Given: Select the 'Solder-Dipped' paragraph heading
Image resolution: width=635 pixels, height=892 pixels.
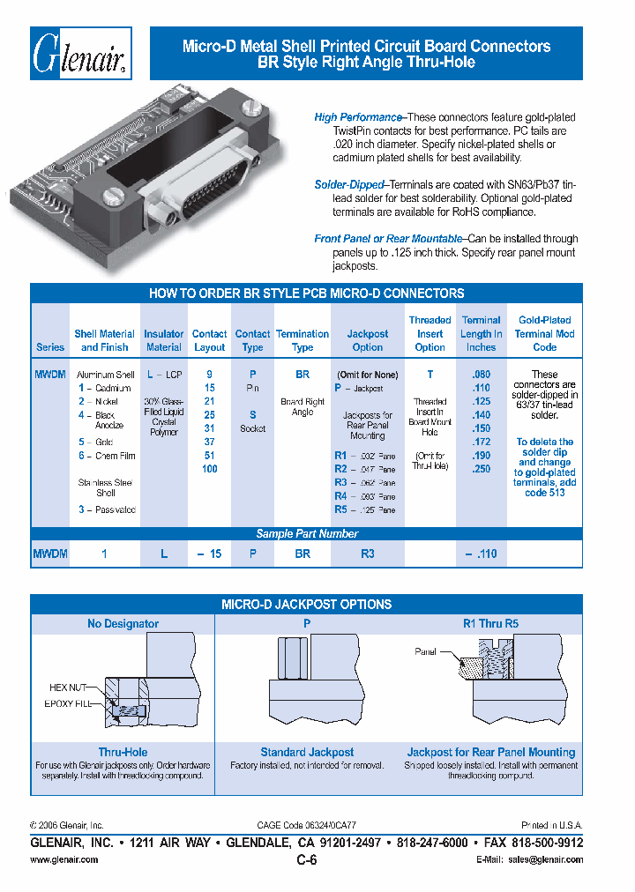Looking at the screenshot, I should pos(349,185).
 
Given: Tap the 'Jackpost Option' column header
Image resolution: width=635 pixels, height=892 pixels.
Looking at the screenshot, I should pos(367,340).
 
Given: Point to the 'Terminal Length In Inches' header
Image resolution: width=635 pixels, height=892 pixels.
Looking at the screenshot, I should pos(481,333).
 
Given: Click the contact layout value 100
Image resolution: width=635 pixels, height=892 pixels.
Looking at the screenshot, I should pos(209,469).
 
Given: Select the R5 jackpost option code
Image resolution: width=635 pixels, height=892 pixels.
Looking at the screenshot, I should pos(340,509).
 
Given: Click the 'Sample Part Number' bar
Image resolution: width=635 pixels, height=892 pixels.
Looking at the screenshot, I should pos(306,533).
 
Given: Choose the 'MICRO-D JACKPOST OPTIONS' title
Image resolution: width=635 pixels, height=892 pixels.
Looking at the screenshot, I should pos(306,605).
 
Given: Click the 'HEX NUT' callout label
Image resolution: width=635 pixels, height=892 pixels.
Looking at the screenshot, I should pos(67,687).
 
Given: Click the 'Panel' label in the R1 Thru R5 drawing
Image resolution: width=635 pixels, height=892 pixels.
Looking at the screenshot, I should pos(426,651).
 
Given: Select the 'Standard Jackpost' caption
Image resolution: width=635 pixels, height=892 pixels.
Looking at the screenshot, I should pos(307,752).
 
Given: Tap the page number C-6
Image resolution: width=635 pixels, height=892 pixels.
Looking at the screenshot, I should pos(306,861).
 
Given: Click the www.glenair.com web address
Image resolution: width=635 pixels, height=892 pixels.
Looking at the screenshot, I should pos(64,860).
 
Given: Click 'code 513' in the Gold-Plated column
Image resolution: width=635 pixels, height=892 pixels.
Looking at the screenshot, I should pos(544,494).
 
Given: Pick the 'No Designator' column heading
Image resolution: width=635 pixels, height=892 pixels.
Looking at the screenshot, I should pos(123,624).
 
